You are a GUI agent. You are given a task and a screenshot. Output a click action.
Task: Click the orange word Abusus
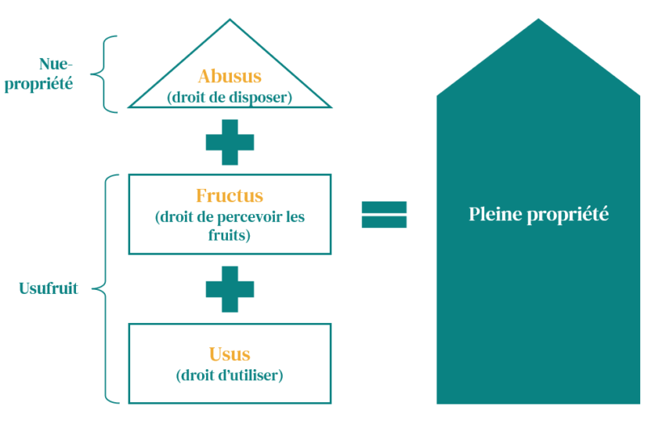tap(230, 77)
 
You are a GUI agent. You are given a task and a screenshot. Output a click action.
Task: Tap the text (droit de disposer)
tap(230, 97)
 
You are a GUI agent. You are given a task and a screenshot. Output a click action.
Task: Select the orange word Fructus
tap(230, 196)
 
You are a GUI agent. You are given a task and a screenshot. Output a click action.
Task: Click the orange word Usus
tap(230, 354)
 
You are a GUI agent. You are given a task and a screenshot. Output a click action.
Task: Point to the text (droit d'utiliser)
tap(230, 375)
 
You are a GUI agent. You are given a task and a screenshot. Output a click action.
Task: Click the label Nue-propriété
tap(39, 74)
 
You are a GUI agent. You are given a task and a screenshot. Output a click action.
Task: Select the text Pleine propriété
tap(538, 214)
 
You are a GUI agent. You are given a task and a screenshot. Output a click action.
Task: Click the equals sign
tap(384, 215)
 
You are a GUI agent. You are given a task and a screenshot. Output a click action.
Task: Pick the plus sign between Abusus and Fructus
tap(230, 142)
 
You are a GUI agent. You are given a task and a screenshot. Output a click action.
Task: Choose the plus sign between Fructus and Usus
tap(230, 288)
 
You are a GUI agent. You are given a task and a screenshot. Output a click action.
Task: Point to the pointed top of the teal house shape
tap(538, 20)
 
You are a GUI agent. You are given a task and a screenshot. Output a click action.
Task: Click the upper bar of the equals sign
tap(384, 207)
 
